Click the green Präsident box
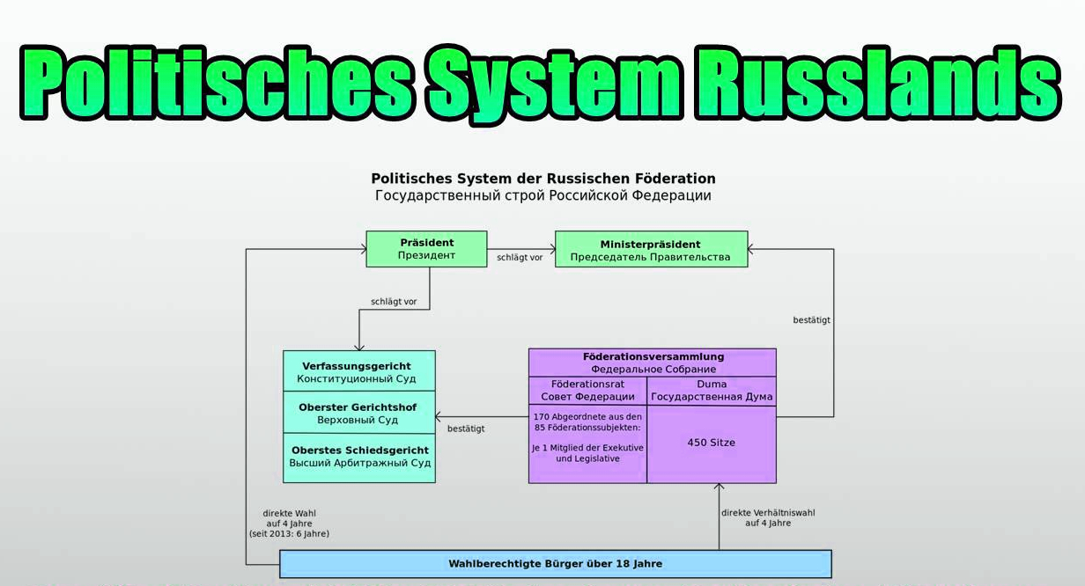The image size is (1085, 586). click(426, 249)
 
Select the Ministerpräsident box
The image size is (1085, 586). click(650, 249)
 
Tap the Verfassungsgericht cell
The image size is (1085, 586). click(358, 372)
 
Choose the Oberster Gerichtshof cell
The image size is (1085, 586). click(358, 414)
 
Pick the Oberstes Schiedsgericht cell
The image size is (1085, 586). click(358, 457)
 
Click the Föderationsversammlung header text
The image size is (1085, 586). click(653, 357)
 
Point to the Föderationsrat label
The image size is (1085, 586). click(587, 385)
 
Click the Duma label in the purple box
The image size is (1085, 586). click(712, 385)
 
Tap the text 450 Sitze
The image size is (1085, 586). click(711, 443)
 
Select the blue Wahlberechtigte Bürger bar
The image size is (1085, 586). click(555, 564)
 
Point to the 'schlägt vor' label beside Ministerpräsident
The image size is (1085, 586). click(520, 258)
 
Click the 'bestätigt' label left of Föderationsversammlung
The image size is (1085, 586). click(466, 429)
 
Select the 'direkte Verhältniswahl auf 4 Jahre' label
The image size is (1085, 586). click(768, 517)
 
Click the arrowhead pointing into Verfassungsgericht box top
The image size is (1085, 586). click(359, 346)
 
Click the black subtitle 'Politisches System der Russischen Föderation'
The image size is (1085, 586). click(542, 179)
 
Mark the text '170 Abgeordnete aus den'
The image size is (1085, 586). click(587, 416)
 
